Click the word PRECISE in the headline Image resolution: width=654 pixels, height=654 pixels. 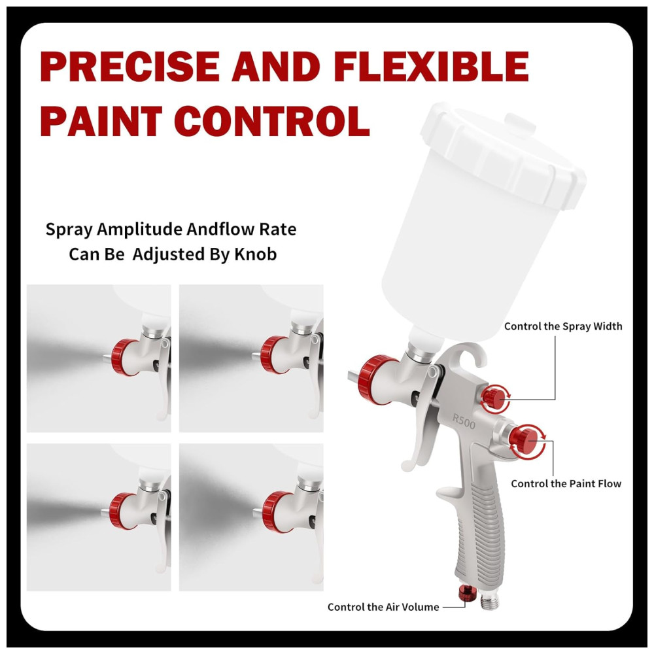(129, 67)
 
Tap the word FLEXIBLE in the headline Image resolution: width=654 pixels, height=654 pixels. (431, 67)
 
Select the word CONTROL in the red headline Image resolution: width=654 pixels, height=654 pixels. (272, 121)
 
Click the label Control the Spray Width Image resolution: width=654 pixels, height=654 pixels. (563, 326)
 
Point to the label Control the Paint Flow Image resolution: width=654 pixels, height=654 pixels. (566, 483)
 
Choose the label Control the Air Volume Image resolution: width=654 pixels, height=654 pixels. (383, 607)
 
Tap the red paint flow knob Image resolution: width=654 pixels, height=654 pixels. (525, 440)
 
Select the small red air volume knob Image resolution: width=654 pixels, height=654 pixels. (467, 593)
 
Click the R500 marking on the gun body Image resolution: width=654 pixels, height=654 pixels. (464, 421)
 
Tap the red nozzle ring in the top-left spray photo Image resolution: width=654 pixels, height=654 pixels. (124, 357)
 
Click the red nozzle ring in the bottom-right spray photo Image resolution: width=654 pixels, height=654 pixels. (276, 511)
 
